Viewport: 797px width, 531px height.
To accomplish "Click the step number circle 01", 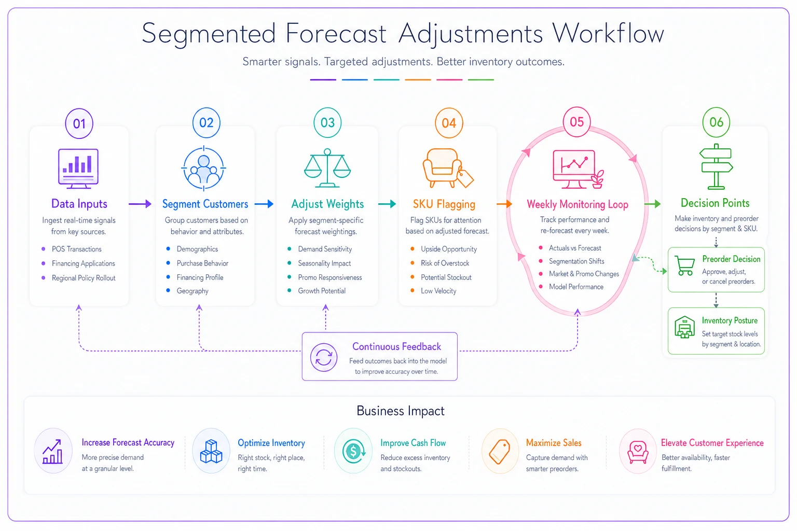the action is [x=79, y=123].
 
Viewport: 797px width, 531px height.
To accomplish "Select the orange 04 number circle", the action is [x=449, y=123].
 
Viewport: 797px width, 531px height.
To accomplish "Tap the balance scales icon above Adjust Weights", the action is [x=327, y=168].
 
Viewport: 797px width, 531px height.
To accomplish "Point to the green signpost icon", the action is [x=716, y=166].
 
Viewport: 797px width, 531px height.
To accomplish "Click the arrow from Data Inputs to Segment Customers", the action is [x=140, y=204].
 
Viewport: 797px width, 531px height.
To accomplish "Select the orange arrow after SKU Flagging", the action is [x=504, y=204].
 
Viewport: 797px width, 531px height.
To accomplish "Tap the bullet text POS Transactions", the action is [x=76, y=249].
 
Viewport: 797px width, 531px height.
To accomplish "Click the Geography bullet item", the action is [x=193, y=291].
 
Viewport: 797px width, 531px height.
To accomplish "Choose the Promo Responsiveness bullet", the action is [x=330, y=277].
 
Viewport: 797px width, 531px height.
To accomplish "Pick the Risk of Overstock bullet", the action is [x=445, y=263].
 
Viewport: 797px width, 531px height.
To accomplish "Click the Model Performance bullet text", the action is [x=576, y=287].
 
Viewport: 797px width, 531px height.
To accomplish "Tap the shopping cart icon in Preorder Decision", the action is [x=684, y=265].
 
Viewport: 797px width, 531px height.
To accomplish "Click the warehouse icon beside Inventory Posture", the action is [x=684, y=327].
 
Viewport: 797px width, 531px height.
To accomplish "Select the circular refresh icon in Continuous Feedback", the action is [x=323, y=357].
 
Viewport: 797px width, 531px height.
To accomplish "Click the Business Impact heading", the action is [x=400, y=411].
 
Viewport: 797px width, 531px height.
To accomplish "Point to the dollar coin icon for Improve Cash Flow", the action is [x=353, y=451].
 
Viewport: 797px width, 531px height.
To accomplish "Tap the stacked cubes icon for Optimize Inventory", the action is [x=211, y=451].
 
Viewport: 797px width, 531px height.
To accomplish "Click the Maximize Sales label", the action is [x=554, y=443].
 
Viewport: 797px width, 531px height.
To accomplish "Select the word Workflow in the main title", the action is [x=608, y=33].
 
